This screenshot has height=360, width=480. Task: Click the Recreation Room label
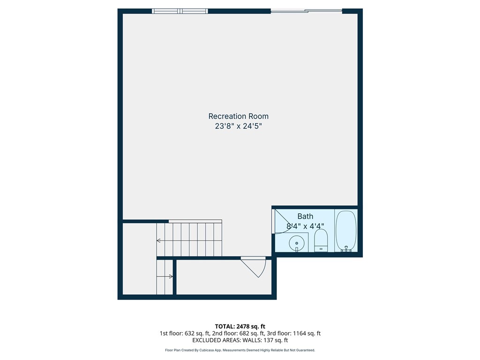239,116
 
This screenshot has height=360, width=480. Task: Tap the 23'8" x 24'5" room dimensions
239,126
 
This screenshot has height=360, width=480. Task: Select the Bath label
305,217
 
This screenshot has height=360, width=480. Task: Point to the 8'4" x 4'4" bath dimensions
305,226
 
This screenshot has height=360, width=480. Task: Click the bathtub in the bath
346,231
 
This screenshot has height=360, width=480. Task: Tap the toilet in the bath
321,240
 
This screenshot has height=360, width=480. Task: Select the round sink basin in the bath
297,244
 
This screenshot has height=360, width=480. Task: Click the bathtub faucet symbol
346,249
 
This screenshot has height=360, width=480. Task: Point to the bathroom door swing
283,221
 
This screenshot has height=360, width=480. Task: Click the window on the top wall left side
180,11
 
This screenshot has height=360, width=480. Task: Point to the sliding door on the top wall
307,11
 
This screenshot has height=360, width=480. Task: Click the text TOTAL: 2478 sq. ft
240,326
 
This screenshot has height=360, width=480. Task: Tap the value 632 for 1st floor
189,333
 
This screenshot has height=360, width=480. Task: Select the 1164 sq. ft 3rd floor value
307,333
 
